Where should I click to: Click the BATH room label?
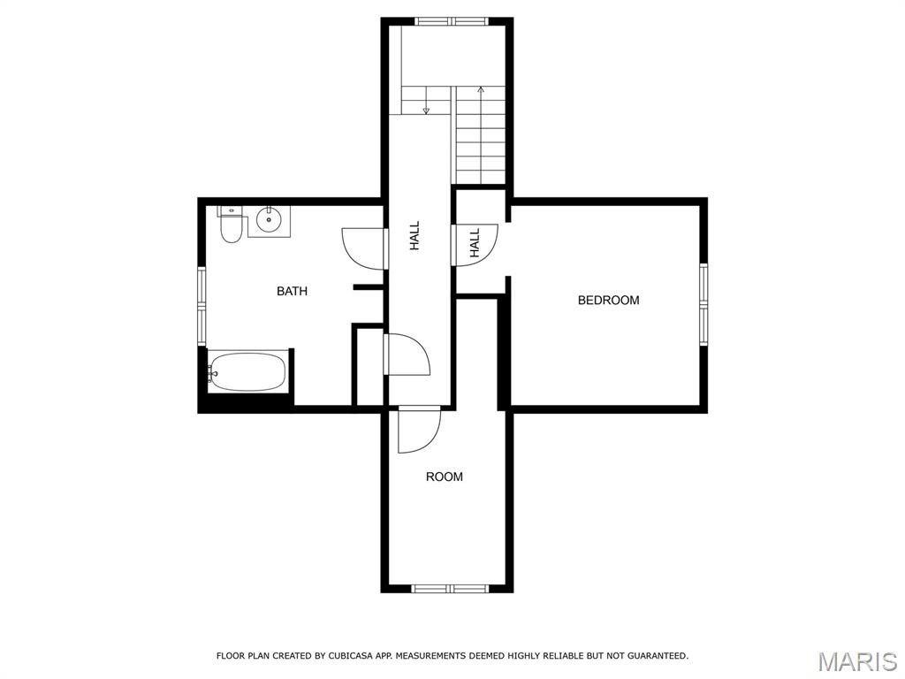pos(292,291)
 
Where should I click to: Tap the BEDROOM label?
pos(608,301)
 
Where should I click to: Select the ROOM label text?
pos(445,477)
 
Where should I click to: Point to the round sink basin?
pos(269,220)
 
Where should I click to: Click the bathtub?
pos(247,371)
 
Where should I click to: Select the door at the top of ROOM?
pos(419,430)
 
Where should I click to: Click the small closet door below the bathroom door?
pos(407,355)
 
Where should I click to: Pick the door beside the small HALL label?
pos(475,245)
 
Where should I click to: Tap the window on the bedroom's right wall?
pos(703,304)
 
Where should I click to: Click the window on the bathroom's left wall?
pos(202,306)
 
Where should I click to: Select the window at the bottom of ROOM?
pos(450,589)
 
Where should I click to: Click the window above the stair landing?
pos(452,21)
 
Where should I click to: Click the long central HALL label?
pos(414,236)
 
